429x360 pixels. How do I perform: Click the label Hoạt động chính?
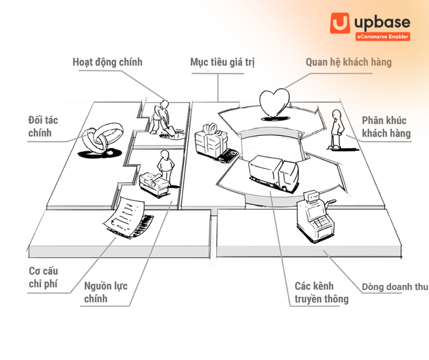107,62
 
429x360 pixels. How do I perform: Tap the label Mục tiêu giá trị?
222,62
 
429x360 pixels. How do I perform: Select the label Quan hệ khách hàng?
349,62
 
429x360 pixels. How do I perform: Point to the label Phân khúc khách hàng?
386,127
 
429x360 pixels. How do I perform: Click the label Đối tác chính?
43,126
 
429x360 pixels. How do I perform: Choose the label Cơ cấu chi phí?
43,277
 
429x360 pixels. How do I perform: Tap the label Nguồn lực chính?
105,292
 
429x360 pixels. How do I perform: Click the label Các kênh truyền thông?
321,292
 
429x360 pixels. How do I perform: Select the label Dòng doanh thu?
395,286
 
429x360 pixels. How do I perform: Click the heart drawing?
274,103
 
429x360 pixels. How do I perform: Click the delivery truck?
273,173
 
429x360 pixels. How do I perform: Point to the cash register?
315,216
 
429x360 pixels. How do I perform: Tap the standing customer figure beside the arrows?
337,129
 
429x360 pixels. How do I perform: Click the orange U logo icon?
340,23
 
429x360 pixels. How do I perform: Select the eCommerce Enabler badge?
383,37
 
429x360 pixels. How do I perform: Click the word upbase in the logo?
382,22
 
